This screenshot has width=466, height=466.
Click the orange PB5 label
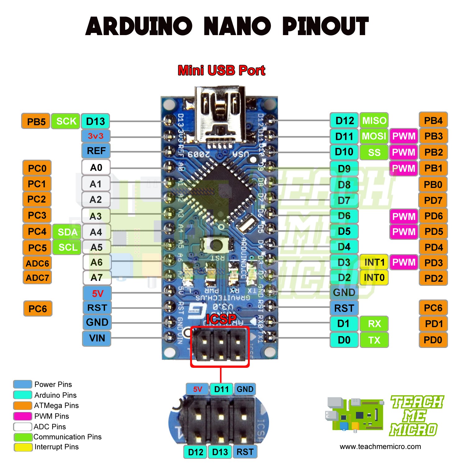point(36,121)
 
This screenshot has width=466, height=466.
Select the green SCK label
point(66,121)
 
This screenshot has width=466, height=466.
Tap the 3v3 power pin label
point(95,136)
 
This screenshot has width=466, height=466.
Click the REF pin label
point(96,151)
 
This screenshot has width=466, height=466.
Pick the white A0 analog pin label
point(96,167)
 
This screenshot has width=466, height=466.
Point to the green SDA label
point(67,232)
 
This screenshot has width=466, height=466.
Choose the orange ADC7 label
point(37,277)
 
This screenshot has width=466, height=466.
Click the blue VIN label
point(97,338)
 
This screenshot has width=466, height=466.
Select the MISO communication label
point(374,121)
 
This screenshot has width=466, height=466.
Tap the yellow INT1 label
point(374,262)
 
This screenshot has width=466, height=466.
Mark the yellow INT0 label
point(374,277)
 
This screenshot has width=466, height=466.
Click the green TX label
point(374,340)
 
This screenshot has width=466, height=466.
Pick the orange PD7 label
point(433,200)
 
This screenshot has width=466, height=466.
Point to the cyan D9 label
point(344,168)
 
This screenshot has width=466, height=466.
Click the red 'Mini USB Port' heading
point(221,71)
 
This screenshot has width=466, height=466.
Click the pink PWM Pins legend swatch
point(23,416)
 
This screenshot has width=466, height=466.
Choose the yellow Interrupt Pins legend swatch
point(23,447)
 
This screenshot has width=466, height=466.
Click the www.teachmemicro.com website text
point(380,447)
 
